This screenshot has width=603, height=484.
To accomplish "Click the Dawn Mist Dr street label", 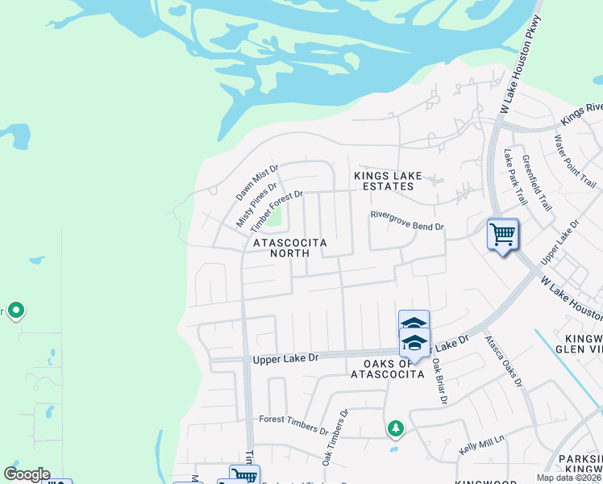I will point(257,184).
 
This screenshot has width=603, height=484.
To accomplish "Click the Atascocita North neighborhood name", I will point(281,248).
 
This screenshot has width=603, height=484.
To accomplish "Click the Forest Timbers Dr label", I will point(293,419).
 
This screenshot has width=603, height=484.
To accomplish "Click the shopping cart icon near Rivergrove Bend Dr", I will point(503,235).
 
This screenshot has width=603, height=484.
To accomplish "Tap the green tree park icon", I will point(394,428).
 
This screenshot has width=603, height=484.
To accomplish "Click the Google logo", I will point(27,474).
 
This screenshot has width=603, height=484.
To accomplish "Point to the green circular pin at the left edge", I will point(15,311).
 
